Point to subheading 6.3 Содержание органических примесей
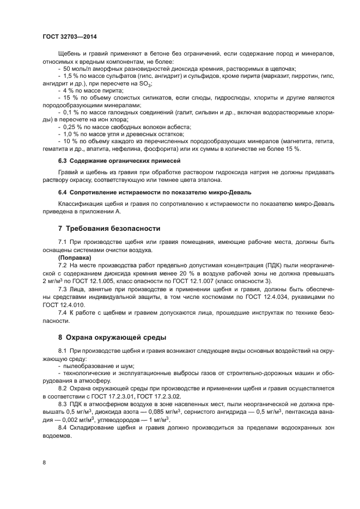119,162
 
